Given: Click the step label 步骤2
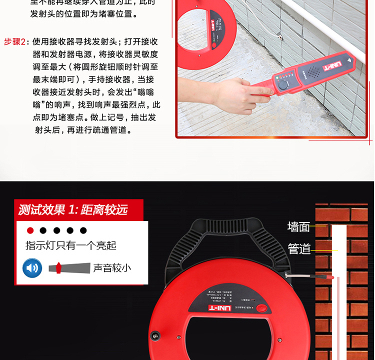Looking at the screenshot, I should click(15, 41).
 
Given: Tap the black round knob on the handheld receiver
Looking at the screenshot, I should click(283, 84).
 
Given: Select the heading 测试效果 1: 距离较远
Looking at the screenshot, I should click(73, 209).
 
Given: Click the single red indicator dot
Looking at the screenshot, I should click(30, 230).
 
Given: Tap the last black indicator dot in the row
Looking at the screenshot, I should click(83, 230).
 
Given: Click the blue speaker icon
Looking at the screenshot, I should click(32, 268).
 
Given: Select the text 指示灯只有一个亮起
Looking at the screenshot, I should click(71, 245).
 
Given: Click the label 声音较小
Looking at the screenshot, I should click(112, 268).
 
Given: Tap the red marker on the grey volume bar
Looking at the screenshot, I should click(58, 267).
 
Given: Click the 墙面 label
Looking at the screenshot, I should click(298, 227).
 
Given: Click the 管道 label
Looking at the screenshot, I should click(299, 248).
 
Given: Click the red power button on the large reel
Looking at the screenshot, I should click(261, 308).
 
